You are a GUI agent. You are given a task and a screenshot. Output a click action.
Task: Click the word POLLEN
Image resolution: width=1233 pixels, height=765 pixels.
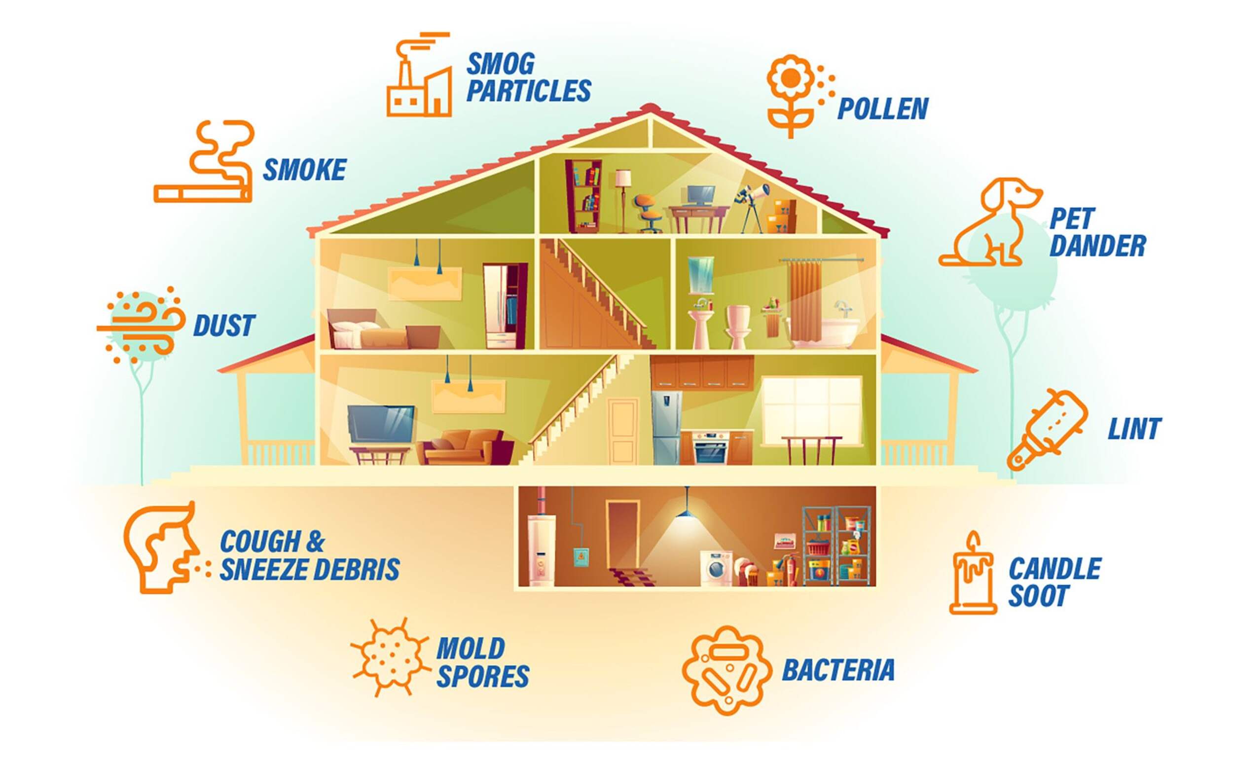tap(882, 109)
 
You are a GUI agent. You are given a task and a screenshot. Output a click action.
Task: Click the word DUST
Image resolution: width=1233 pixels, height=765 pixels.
tap(224, 326)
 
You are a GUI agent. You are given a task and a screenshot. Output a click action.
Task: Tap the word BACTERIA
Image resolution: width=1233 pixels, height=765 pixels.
tap(838, 670)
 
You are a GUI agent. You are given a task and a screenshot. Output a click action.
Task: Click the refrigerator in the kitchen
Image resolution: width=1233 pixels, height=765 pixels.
tap(666, 428)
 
